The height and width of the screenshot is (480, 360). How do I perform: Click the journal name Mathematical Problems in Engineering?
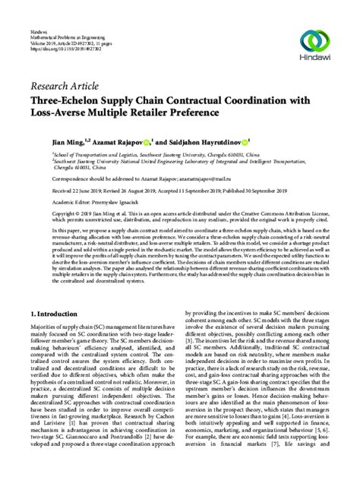[x=58, y=15]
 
